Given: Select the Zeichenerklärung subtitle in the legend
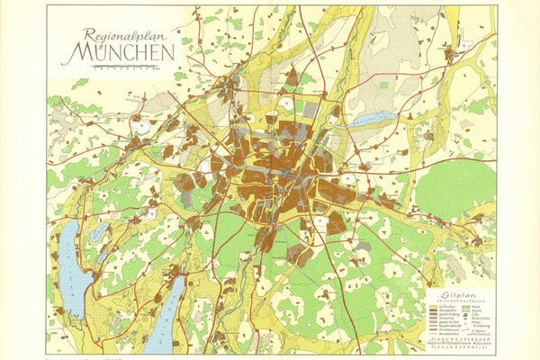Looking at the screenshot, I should [x=460, y=301].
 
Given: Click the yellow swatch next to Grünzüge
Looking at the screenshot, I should [x=433, y=306].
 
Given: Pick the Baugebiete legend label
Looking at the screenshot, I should [x=445, y=310].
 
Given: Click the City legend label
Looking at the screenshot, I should [x=476, y=314].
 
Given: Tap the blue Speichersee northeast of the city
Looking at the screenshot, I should [x=372, y=118].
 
